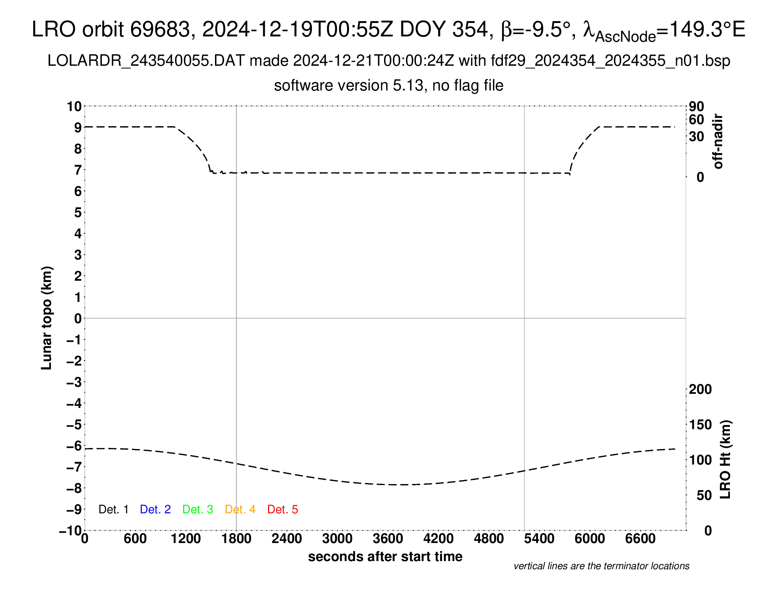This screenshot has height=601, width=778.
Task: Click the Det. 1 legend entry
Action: [113, 509]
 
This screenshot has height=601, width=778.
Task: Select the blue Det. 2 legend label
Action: [155, 509]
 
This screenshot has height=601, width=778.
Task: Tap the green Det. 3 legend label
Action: [198, 509]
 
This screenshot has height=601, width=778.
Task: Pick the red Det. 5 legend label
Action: [283, 509]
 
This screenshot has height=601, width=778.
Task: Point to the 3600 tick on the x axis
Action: [388, 539]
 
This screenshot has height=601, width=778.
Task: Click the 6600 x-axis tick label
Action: [640, 539]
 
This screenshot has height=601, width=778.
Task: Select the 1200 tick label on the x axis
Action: [186, 539]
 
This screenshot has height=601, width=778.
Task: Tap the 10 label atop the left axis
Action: [75, 106]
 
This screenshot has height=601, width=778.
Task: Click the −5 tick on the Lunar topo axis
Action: [74, 425]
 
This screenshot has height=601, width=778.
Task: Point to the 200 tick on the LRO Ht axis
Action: [700, 390]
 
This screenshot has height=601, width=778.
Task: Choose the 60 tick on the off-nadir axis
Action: [696, 119]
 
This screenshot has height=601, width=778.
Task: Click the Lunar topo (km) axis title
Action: [47, 318]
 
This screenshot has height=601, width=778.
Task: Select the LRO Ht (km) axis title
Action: [726, 460]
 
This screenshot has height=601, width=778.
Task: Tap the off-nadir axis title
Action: [718, 141]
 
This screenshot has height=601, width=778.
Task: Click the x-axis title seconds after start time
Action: [385, 556]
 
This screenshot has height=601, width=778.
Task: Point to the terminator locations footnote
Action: [601, 566]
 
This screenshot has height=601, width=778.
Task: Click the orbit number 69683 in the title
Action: [160, 29]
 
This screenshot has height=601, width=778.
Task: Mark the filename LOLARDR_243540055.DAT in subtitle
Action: [146, 61]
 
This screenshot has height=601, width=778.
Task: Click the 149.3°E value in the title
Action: [708, 29]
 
